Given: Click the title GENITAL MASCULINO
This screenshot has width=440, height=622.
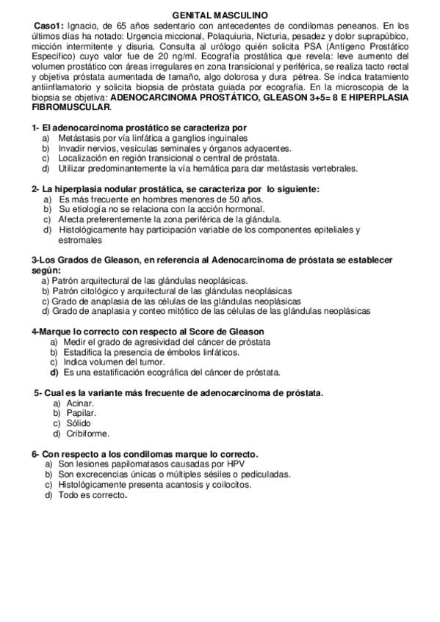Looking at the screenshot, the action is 220,14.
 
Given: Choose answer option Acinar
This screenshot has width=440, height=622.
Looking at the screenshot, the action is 80,403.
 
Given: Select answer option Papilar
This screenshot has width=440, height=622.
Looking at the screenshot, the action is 81,414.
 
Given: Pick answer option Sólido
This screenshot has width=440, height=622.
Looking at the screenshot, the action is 79,424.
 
